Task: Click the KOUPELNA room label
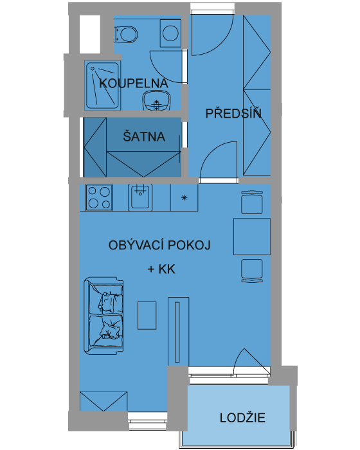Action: [134, 83]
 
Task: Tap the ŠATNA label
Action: [144, 136]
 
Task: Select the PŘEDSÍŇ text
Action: [233, 113]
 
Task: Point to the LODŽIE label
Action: [242, 417]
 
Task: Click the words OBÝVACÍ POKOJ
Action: [159, 246]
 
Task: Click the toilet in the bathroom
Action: [126, 34]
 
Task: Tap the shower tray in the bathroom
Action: [102, 85]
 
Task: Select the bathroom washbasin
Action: [156, 100]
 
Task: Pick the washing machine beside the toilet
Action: [170, 33]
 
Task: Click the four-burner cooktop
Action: [99, 197]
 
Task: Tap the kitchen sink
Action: [140, 197]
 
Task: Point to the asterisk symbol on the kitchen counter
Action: [184, 197]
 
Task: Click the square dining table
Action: [252, 237]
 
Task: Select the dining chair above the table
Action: [252, 202]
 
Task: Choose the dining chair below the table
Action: [252, 271]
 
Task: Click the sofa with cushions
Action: [104, 314]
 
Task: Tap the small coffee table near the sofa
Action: [147, 315]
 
